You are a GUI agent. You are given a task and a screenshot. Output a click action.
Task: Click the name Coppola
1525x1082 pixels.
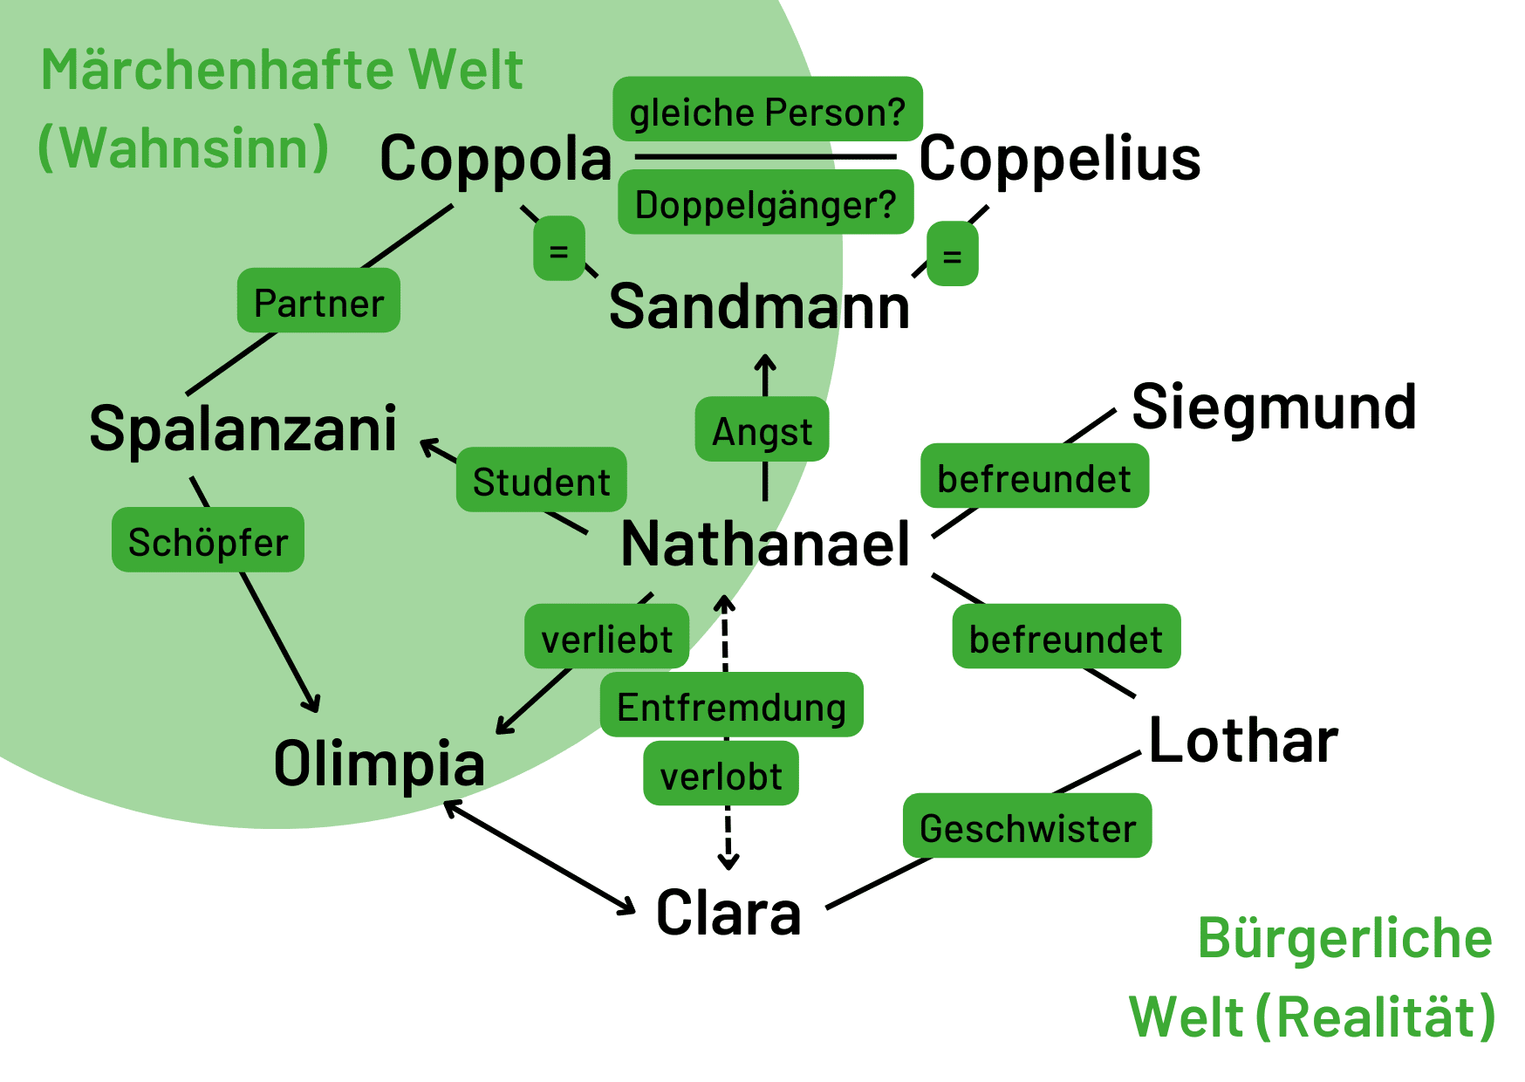pyautogui.click(x=496, y=160)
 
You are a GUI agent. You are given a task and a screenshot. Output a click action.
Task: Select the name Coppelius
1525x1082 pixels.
pyautogui.click(x=1060, y=159)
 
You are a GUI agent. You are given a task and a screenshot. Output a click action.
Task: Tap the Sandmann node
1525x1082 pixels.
pyautogui.click(x=759, y=308)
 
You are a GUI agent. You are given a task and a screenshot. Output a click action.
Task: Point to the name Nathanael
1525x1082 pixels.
pyautogui.click(x=765, y=544)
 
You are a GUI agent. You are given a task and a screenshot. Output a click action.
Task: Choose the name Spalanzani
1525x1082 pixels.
pyautogui.click(x=243, y=429)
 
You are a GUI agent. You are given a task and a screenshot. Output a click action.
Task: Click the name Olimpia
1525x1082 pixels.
pyautogui.click(x=379, y=764)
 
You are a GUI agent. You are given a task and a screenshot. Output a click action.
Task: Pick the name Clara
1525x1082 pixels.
pyautogui.click(x=728, y=914)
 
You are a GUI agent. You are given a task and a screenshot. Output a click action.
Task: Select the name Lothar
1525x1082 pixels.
pyautogui.click(x=1243, y=741)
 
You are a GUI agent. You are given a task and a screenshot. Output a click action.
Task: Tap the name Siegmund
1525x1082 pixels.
pyautogui.click(x=1274, y=407)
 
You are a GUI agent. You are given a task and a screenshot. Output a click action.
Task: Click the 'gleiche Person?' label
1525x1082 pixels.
pyautogui.click(x=768, y=110)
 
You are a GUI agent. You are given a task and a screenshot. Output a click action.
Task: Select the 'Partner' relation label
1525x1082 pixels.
pyautogui.click(x=318, y=301)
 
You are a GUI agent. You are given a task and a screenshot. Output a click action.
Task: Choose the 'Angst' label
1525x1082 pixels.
pyautogui.click(x=762, y=429)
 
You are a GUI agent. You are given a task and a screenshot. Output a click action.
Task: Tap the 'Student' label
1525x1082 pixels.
pyautogui.click(x=541, y=480)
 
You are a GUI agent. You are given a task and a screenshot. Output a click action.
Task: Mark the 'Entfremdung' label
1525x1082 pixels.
pyautogui.click(x=731, y=705)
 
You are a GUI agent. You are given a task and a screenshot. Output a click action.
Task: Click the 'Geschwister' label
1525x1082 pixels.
pyautogui.click(x=1027, y=826)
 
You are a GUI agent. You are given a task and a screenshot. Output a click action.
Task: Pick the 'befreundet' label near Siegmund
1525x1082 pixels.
pyautogui.click(x=1034, y=476)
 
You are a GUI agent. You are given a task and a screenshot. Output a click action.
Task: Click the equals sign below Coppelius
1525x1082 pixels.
pyautogui.click(x=952, y=255)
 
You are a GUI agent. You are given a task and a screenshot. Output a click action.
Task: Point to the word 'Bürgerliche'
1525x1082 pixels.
pyautogui.click(x=1344, y=940)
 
